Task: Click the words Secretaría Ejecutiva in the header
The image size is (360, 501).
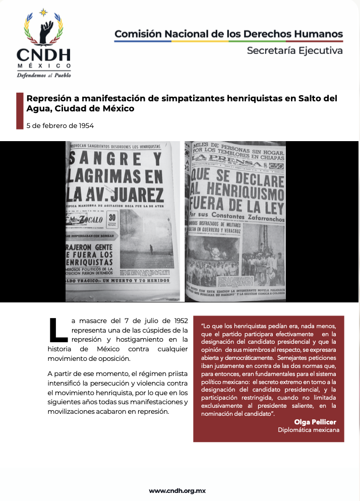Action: pos(294,50)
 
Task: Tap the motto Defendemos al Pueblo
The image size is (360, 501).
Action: pos(44,75)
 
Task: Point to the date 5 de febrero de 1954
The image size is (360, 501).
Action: pos(60,126)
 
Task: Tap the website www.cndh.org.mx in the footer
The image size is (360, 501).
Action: pos(177,490)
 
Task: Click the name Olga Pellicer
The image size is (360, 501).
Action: pos(315,421)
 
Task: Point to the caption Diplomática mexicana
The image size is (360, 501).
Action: pos(309,430)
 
